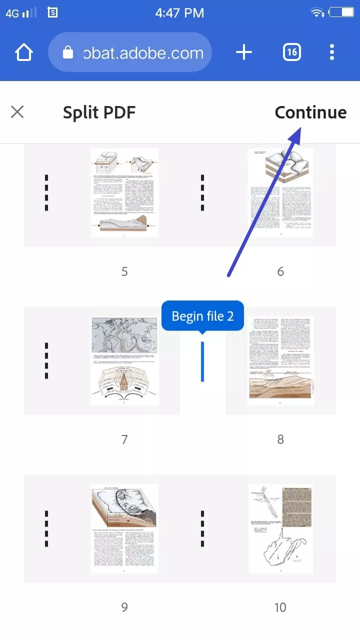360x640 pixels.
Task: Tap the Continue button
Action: click(x=310, y=112)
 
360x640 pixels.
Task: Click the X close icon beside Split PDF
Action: click(x=17, y=112)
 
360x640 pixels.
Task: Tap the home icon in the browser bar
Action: click(x=24, y=52)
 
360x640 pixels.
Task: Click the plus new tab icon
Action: click(x=243, y=52)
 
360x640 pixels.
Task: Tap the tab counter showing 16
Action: click(x=292, y=52)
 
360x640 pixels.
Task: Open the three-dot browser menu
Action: click(x=332, y=52)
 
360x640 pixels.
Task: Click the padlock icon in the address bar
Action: click(x=68, y=52)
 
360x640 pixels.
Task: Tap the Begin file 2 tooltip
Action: click(x=202, y=316)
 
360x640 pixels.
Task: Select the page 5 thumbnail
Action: click(x=124, y=192)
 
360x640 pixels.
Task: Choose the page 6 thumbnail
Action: click(x=280, y=192)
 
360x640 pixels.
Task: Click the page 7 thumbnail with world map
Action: click(x=124, y=360)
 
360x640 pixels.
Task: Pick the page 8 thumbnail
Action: click(x=280, y=360)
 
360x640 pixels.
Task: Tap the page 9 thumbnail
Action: click(x=124, y=528)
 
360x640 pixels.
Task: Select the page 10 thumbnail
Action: click(x=280, y=528)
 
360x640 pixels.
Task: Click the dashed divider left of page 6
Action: click(x=202, y=192)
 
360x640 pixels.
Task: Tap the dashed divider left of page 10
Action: click(x=202, y=528)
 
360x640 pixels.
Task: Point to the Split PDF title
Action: click(x=99, y=112)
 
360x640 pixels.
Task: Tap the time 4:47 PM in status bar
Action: click(x=179, y=13)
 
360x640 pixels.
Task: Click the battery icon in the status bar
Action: click(x=342, y=13)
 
